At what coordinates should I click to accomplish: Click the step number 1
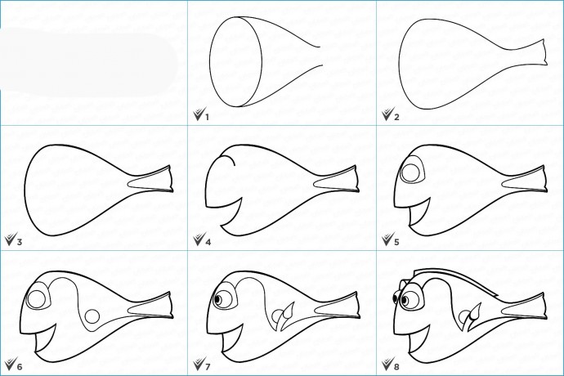pyautogui.click(x=207, y=117)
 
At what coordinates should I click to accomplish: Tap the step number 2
pyautogui.click(x=396, y=117)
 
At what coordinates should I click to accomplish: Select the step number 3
pyautogui.click(x=20, y=242)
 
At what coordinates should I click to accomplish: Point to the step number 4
pyautogui.click(x=208, y=242)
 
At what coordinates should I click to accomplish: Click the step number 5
pyautogui.click(x=396, y=242)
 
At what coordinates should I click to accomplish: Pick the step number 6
pyautogui.click(x=20, y=367)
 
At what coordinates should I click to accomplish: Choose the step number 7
pyautogui.click(x=208, y=367)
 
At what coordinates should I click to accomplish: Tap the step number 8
pyautogui.click(x=396, y=367)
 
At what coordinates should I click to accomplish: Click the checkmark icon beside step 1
pyautogui.click(x=198, y=114)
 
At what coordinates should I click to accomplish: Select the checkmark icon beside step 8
pyautogui.click(x=387, y=364)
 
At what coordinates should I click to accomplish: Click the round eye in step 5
pyautogui.click(x=410, y=172)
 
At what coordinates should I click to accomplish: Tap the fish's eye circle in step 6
pyautogui.click(x=36, y=299)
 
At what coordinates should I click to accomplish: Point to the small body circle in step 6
pyautogui.click(x=92, y=316)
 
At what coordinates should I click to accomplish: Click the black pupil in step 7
pyautogui.click(x=217, y=300)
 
